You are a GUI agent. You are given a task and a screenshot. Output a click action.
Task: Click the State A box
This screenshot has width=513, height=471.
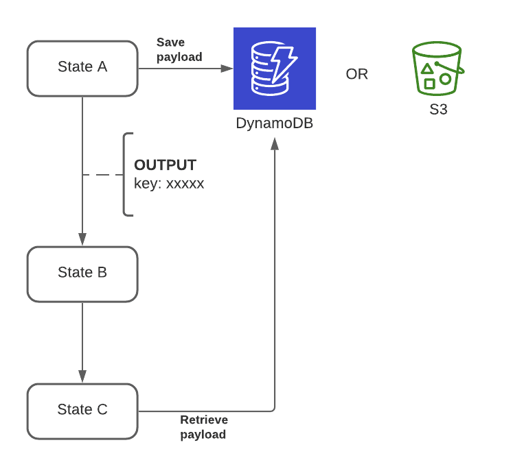point(82,68)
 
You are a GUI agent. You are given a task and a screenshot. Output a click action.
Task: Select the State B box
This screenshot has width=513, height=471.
point(82,274)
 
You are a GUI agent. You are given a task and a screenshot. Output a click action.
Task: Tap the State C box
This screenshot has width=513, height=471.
point(82,411)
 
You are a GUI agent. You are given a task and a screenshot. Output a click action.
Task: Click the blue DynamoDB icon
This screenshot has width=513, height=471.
point(274,69)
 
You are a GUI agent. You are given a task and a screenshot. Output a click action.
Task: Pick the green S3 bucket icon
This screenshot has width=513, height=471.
point(437,69)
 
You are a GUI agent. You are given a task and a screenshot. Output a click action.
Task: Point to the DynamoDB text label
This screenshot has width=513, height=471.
point(274,123)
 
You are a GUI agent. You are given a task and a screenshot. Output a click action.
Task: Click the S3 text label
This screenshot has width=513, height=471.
point(438,109)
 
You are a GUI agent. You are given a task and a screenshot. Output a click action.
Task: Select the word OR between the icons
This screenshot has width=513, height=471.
point(356,74)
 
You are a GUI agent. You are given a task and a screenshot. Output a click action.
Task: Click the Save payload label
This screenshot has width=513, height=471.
point(179,50)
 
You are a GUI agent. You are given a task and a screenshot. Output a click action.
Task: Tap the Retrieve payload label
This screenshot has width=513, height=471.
point(204,427)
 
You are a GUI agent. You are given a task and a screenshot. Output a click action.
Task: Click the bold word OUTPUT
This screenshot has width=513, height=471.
point(165,165)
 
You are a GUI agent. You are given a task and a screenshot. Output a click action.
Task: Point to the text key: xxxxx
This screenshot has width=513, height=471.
point(169,184)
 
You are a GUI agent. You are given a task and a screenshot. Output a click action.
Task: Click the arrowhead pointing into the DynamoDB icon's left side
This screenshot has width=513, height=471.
point(227,69)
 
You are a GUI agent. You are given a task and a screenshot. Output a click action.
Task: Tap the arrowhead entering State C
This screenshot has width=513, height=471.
point(82,376)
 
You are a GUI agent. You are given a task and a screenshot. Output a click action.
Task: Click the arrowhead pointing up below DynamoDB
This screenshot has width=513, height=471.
point(275,143)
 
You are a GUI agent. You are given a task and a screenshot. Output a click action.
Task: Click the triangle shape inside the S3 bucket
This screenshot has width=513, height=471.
point(427,69)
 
